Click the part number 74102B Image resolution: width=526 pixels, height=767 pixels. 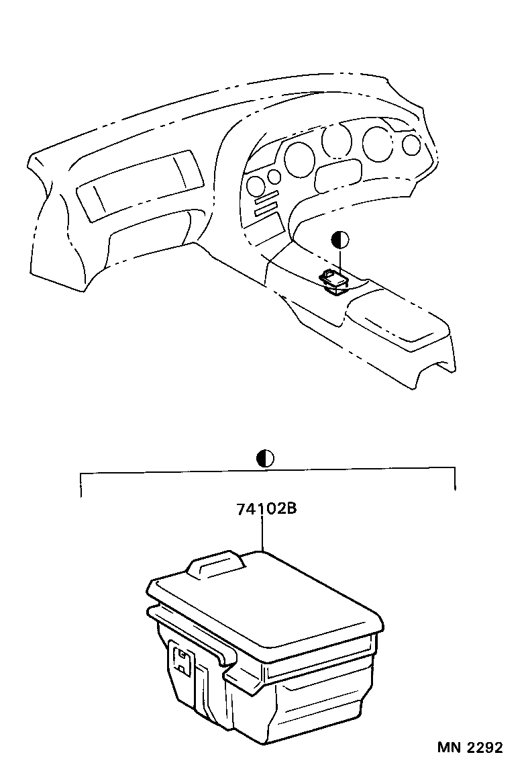tap(266, 508)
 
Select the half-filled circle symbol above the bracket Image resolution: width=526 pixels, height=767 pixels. tap(266, 459)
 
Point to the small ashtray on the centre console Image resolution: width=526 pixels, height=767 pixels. tap(333, 279)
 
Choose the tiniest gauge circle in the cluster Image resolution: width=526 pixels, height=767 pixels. tap(274, 177)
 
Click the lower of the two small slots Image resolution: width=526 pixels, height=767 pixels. tap(265, 212)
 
